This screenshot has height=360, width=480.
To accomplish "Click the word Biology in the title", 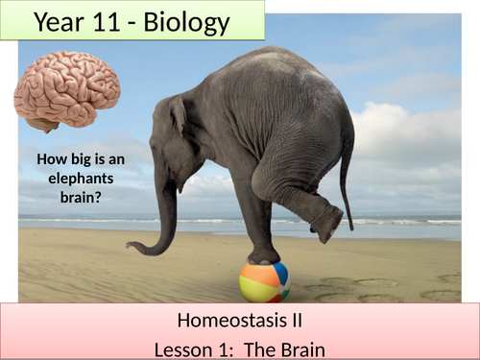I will (x=183, y=23).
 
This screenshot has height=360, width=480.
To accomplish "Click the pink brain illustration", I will (x=67, y=91).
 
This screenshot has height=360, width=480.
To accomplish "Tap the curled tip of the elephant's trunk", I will (x=134, y=249).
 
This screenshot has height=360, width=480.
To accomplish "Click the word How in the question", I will (x=49, y=160).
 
